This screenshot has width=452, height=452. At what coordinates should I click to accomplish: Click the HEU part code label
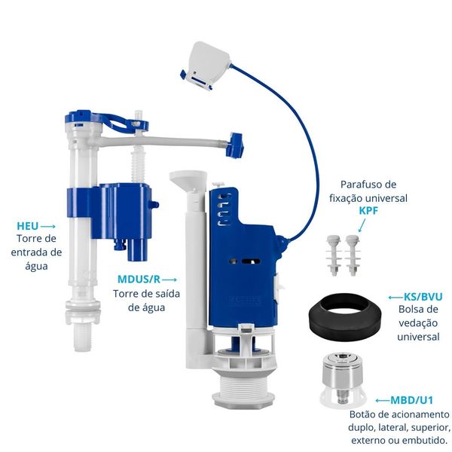28,226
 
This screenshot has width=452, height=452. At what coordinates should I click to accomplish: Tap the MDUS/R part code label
139,279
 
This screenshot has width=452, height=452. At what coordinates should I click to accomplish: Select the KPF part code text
368,211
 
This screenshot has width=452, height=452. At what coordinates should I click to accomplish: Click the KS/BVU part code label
423,297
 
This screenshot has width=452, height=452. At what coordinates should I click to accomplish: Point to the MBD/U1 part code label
411,400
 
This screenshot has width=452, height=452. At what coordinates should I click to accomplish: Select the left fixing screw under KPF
333,255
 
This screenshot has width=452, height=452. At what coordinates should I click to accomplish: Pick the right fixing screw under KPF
353,255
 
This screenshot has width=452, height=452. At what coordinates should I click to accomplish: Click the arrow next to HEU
48,227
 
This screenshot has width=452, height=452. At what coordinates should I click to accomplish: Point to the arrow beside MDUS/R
169,279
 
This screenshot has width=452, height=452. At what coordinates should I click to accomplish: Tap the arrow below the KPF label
362,225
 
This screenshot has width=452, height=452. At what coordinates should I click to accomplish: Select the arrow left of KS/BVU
395,298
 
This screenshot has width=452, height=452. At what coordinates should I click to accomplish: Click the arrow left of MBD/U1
383,401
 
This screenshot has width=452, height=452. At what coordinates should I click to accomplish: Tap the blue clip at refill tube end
236,145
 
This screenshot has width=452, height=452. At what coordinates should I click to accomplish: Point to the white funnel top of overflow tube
188,179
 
